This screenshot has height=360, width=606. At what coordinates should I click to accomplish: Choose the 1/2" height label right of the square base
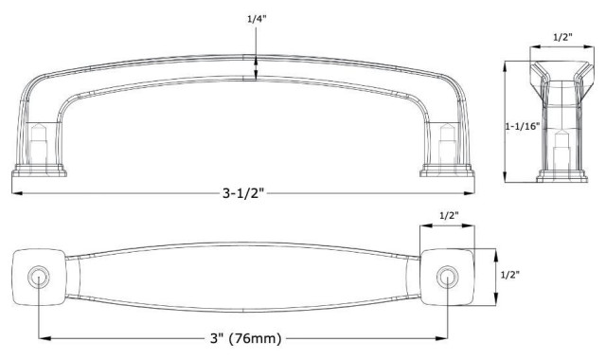(508, 274)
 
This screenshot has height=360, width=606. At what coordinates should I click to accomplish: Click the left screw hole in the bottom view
(38, 276)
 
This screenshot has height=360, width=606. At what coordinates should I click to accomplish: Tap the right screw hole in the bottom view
(446, 276)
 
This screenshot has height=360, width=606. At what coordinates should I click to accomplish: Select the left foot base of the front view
(40, 171)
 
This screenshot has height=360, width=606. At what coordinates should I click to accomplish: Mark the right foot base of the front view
(446, 171)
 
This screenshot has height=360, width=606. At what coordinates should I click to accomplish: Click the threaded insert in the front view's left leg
(40, 140)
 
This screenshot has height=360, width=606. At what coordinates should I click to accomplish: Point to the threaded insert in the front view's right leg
(446, 140)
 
